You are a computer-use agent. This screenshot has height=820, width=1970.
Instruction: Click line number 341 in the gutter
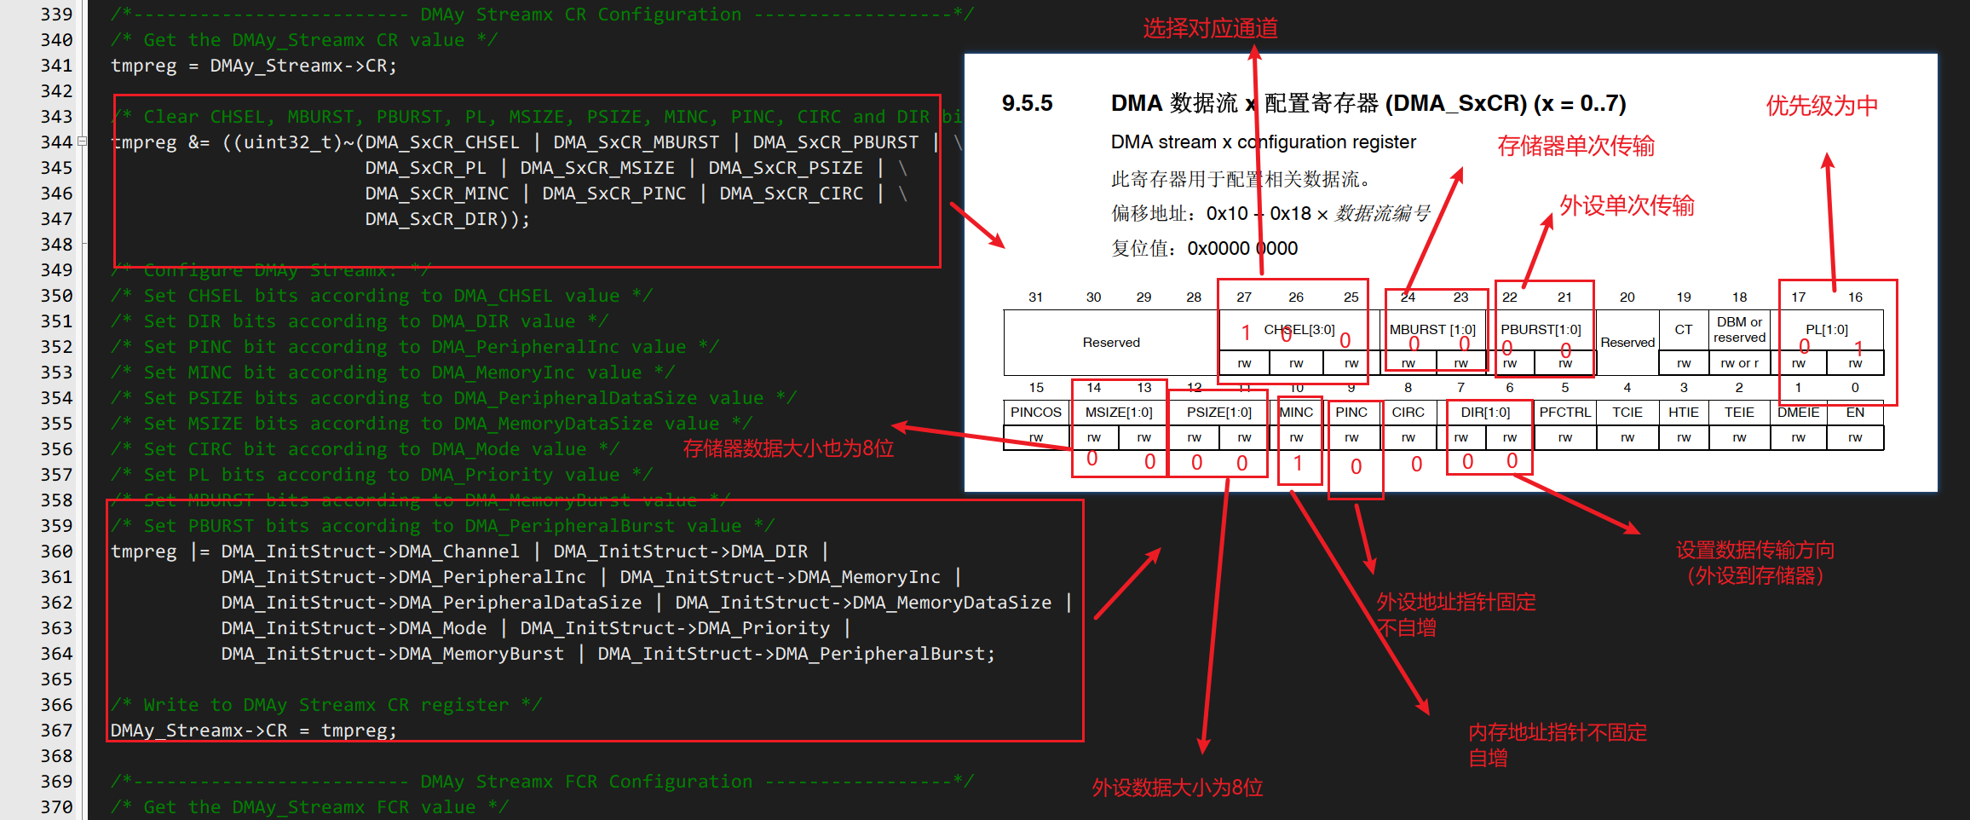56,66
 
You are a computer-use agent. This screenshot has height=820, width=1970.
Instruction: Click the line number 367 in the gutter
56,730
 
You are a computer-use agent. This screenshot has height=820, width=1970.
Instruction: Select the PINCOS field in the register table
1035,413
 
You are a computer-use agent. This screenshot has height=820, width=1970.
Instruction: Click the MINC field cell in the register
1296,413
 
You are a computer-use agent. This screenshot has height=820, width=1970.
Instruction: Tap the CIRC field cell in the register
1408,413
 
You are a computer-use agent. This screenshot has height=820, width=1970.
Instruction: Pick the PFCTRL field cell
1564,413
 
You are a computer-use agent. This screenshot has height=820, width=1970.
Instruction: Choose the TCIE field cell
1627,413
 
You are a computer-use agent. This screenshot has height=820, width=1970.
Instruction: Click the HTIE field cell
1683,413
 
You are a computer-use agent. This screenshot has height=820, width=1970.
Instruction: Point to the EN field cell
1855,413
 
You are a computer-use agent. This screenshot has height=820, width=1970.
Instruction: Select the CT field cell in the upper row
1683,330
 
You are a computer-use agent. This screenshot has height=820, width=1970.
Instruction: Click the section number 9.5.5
1027,104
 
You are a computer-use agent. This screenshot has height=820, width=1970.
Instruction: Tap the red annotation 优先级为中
1821,107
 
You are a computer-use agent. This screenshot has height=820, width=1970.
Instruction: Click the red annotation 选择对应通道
1210,29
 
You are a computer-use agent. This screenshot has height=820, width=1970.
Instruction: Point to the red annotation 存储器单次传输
1575,147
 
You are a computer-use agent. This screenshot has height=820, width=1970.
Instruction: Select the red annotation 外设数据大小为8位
1177,788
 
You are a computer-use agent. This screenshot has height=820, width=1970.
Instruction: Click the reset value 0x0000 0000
1242,249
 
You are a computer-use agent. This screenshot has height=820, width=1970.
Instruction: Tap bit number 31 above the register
1035,297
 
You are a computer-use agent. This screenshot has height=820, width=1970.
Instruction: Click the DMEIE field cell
1798,413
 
